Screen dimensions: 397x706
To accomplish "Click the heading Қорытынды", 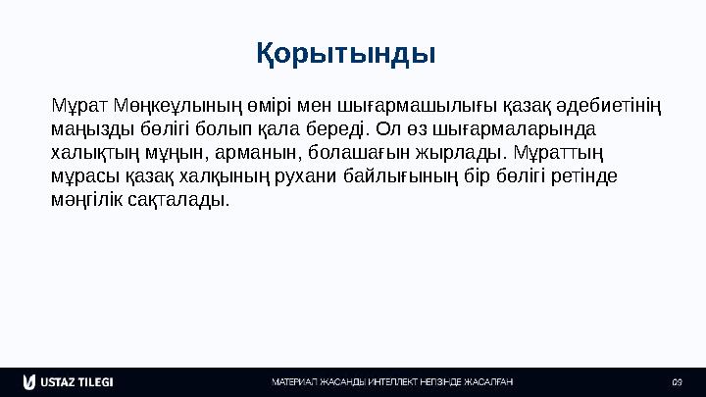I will pyautogui.click(x=346, y=52).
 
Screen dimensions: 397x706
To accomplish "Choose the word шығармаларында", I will pyautogui.click(x=522, y=129).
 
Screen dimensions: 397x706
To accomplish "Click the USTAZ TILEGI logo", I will pyautogui.click(x=68, y=381).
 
